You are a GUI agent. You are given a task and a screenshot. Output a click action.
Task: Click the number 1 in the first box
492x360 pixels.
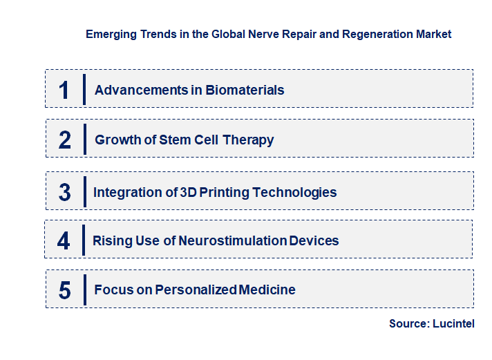[x=64, y=90]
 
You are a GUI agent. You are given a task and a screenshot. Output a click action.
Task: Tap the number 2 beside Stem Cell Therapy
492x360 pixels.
[x=65, y=140]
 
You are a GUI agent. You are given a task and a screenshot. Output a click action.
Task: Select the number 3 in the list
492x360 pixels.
[x=65, y=192]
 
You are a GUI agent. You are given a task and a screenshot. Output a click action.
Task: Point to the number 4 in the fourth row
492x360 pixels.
[x=64, y=241]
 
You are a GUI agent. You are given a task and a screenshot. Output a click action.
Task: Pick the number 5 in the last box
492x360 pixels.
[x=64, y=290]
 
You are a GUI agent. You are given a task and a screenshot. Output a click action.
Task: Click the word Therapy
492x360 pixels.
[x=249, y=140]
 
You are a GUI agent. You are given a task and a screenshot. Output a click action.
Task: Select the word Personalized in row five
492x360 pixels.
[x=196, y=290]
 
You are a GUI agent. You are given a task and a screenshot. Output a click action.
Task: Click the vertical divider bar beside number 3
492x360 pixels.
[x=84, y=191]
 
